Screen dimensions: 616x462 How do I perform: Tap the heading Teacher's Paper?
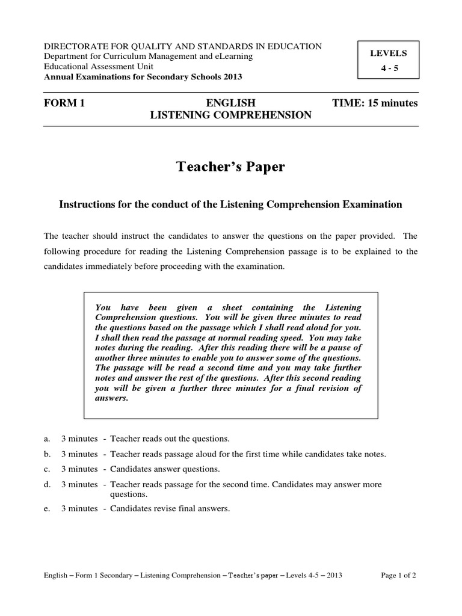click(230, 167)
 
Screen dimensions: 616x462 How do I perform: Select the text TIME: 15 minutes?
click(374, 103)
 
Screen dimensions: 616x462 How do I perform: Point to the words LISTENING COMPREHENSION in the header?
click(230, 115)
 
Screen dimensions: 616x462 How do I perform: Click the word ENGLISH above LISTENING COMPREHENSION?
click(230, 103)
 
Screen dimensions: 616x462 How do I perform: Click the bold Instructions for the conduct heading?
click(230, 205)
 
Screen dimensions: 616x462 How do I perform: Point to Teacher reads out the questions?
click(170, 439)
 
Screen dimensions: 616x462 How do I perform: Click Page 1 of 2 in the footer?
click(399, 574)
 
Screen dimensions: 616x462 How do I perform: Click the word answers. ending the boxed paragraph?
click(112, 398)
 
